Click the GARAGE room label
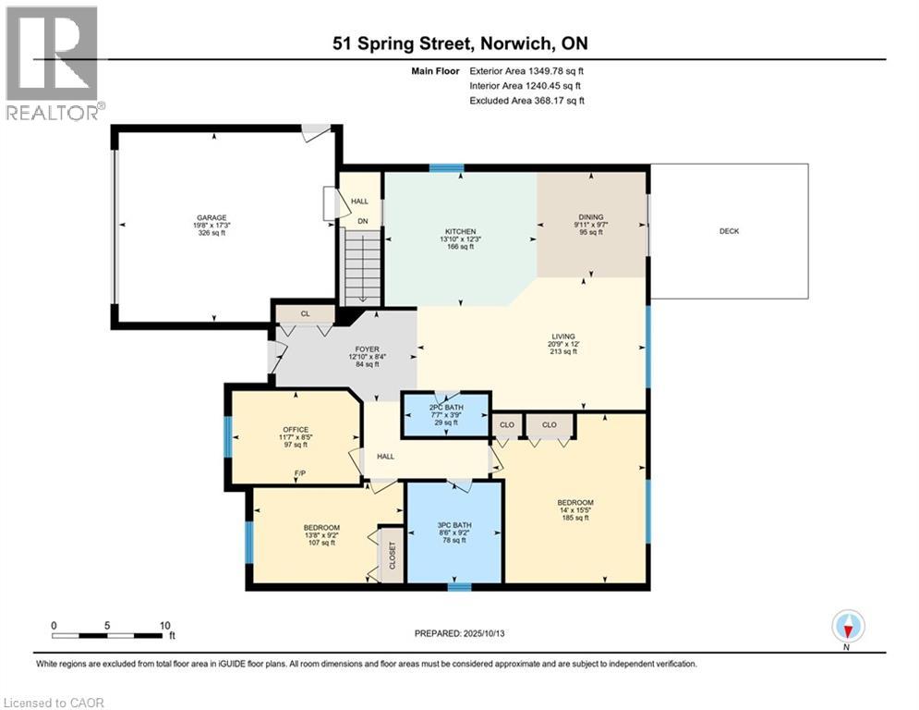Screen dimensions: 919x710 point(212,217)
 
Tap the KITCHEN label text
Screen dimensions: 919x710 point(461,232)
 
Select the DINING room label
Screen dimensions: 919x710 point(591,217)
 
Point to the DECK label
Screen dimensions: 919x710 point(729,231)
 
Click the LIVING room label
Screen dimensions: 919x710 point(563,337)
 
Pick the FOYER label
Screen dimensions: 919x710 point(368,349)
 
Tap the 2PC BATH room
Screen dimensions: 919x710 point(446,415)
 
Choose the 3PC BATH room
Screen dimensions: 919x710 point(454,532)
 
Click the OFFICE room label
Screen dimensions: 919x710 point(296,430)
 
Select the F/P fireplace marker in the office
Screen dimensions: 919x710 point(300,473)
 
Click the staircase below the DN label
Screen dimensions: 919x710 point(363,267)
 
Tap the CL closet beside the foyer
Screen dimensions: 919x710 point(306,314)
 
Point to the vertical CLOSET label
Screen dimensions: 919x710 point(393,555)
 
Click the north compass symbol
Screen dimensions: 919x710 point(848,626)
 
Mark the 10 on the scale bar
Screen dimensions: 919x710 point(165,626)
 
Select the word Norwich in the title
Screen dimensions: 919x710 point(515,43)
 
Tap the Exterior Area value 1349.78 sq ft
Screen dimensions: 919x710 point(556,71)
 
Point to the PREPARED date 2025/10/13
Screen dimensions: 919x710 point(484,633)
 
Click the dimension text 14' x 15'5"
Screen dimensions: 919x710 point(575,510)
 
